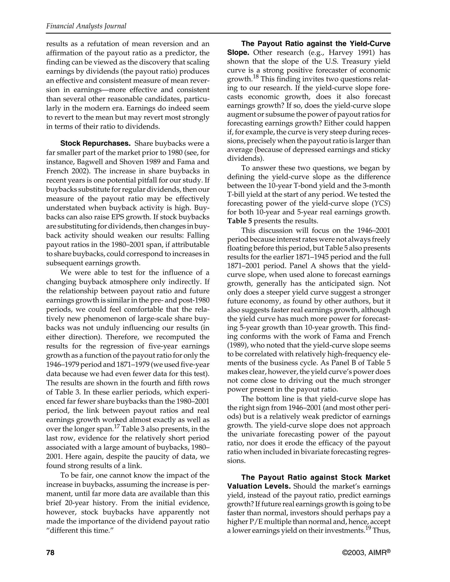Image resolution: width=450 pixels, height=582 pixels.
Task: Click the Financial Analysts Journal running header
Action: point(86,26)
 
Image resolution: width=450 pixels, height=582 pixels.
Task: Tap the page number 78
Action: point(50,553)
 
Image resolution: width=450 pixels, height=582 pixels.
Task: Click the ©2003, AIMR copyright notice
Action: point(366,553)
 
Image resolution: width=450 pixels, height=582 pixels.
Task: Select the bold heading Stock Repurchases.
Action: point(95,143)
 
